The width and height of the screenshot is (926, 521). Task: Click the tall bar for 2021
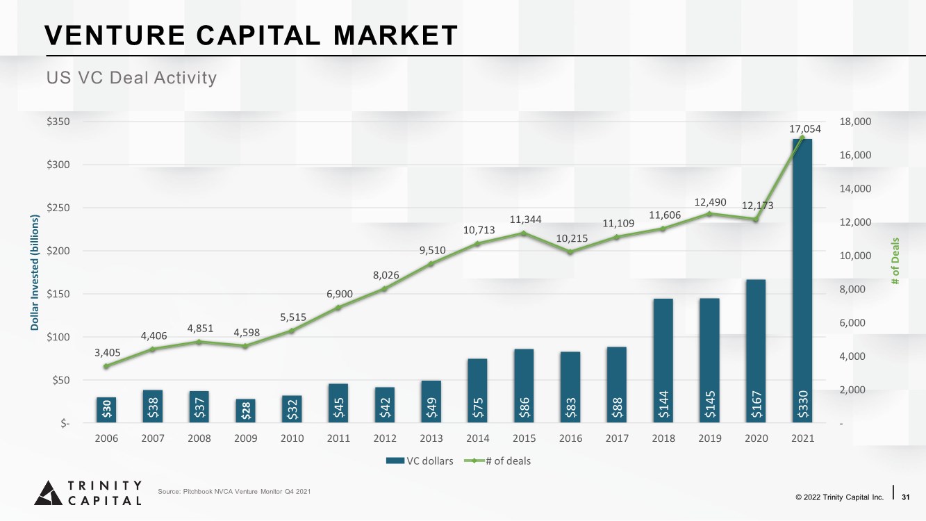pyautogui.click(x=802, y=281)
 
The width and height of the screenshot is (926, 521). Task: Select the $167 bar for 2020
pyautogui.click(x=756, y=351)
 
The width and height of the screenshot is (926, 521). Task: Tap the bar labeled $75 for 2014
pyautogui.click(x=477, y=390)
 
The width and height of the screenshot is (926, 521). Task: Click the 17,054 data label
pyautogui.click(x=805, y=129)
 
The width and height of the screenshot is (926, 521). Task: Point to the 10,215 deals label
pyautogui.click(x=572, y=238)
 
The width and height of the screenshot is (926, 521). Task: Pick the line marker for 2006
pyautogui.click(x=106, y=366)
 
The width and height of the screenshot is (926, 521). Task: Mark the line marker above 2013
pyautogui.click(x=431, y=264)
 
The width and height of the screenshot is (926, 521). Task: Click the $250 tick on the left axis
pyautogui.click(x=58, y=208)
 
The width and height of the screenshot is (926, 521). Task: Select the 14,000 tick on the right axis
pyautogui.click(x=855, y=188)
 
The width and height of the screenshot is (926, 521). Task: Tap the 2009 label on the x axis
pyautogui.click(x=245, y=438)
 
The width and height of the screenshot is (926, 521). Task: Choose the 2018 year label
pyautogui.click(x=663, y=438)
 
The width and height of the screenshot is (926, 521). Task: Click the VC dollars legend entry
pyautogui.click(x=420, y=461)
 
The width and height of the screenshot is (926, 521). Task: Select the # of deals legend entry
pyautogui.click(x=497, y=461)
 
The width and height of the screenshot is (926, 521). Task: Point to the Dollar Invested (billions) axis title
pyautogui.click(x=35, y=272)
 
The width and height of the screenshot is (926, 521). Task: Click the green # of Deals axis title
pyautogui.click(x=895, y=261)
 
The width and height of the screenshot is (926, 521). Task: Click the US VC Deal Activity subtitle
pyautogui.click(x=131, y=78)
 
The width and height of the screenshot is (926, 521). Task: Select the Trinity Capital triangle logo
pyautogui.click(x=49, y=493)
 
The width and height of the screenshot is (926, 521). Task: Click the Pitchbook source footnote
pyautogui.click(x=234, y=492)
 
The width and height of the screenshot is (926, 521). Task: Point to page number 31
pyautogui.click(x=905, y=497)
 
